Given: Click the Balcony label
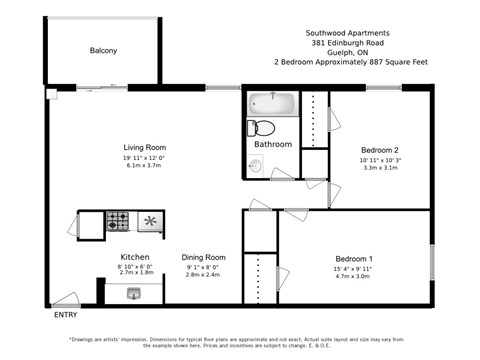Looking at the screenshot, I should (x=103, y=50).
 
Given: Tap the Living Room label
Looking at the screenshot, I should (x=144, y=147).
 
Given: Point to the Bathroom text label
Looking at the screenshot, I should (x=273, y=145).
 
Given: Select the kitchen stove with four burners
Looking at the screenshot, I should (x=118, y=220).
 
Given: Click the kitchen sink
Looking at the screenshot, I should (x=134, y=293).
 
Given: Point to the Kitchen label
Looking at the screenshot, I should (x=135, y=256).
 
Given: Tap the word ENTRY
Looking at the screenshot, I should (x=66, y=315).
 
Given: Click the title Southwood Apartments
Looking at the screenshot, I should (x=347, y=32).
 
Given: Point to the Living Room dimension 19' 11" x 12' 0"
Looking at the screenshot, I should (x=144, y=157).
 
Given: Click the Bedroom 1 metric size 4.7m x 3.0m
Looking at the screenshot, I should (x=354, y=275).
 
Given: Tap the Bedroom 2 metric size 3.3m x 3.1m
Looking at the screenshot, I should (x=379, y=167).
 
